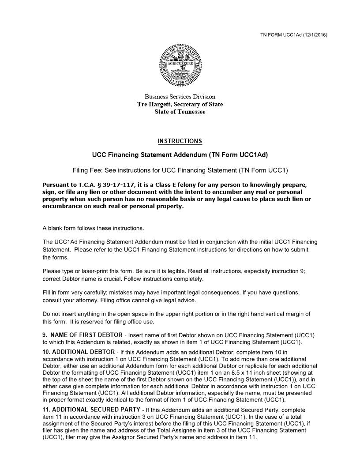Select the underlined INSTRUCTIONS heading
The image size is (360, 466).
point(180,141)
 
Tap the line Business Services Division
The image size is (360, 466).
point(180,97)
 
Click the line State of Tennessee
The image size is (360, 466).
point(180,112)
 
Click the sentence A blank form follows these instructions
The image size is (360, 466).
point(93,228)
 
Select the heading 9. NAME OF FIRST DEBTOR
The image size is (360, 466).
point(82,335)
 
